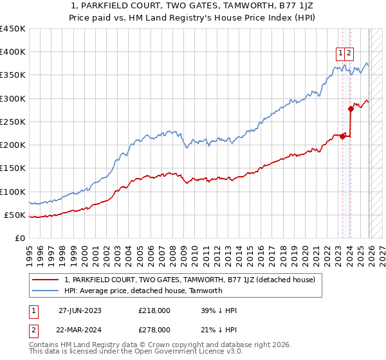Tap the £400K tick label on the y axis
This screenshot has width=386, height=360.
(x=13, y=52)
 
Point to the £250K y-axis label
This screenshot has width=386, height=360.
(x=13, y=122)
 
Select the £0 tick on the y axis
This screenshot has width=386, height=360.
(x=21, y=238)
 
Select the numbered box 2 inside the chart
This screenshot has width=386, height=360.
(x=349, y=53)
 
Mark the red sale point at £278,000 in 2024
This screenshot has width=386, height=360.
(x=351, y=109)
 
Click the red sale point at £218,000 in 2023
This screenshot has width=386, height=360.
(x=343, y=136)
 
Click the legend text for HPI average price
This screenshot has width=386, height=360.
(x=143, y=291)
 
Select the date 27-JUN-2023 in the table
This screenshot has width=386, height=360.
(x=80, y=310)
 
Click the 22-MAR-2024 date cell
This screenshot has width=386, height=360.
(x=80, y=329)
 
